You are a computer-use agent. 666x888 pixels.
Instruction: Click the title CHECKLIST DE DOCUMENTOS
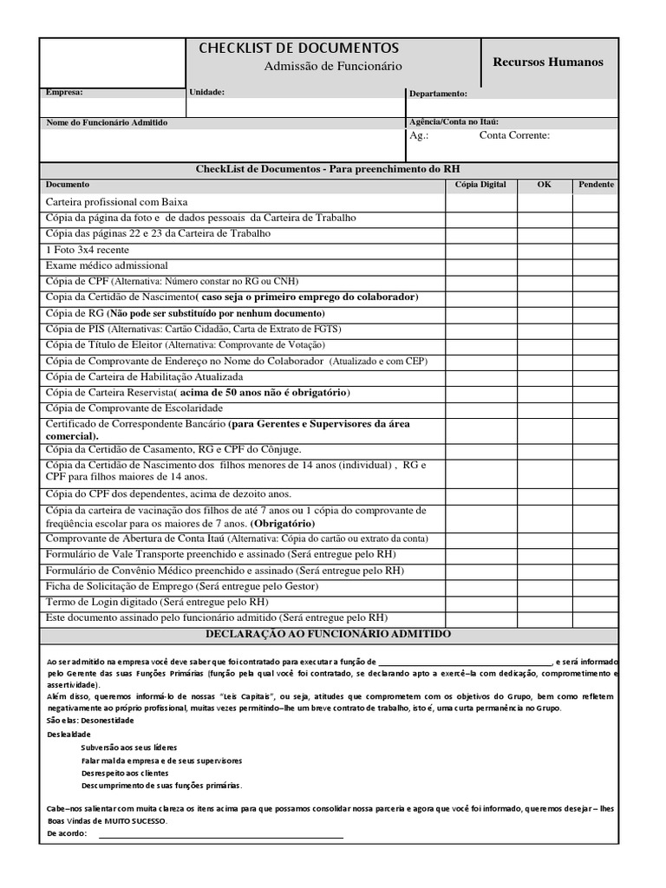(x=299, y=48)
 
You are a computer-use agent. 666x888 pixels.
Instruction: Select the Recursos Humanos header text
(x=548, y=62)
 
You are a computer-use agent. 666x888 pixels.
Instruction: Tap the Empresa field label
(x=64, y=91)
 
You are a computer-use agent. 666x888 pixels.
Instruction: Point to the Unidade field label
(x=206, y=91)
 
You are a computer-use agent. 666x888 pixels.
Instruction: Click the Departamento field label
(x=438, y=94)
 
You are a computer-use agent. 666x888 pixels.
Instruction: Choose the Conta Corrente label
(x=514, y=135)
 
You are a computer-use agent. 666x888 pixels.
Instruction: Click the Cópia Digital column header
(x=480, y=185)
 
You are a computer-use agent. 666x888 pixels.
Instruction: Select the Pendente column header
(x=596, y=185)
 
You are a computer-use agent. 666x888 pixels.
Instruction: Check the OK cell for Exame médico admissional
(x=544, y=265)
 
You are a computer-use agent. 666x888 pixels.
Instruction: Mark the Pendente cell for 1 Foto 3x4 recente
(x=596, y=250)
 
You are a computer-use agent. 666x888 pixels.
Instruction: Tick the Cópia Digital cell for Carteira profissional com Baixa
(x=480, y=202)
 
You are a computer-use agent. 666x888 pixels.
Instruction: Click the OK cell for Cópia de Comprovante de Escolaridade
(x=544, y=408)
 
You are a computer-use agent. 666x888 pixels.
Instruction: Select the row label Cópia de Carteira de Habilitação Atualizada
(x=144, y=377)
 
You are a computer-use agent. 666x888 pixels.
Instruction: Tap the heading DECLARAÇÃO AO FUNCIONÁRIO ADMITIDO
(x=328, y=635)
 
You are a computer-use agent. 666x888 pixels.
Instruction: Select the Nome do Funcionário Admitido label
(x=107, y=123)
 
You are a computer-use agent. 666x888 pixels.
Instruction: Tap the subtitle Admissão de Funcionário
(x=333, y=67)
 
